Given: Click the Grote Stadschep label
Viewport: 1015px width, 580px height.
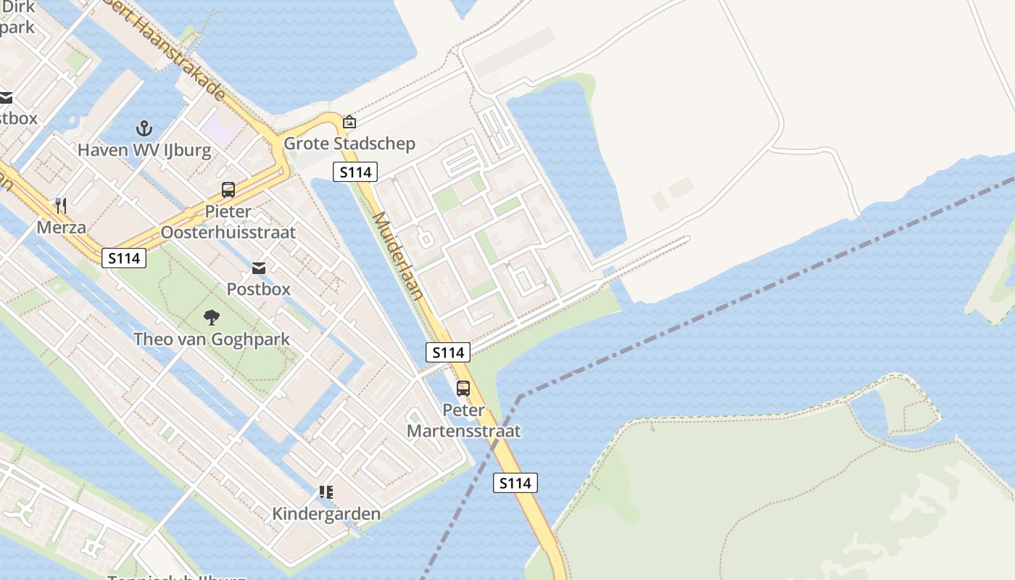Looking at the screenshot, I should (349, 143).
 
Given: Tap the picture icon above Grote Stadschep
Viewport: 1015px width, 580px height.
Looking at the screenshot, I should (349, 122).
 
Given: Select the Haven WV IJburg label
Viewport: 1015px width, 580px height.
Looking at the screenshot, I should (144, 150).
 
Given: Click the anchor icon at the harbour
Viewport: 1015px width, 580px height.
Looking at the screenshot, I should (144, 129).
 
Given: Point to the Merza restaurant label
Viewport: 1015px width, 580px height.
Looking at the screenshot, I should (62, 227).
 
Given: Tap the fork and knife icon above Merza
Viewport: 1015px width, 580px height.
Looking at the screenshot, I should (61, 206).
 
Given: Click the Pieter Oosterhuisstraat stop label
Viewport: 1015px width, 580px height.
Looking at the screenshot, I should (228, 222).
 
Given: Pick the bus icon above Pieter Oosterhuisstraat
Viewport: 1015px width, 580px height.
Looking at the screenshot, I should (228, 190).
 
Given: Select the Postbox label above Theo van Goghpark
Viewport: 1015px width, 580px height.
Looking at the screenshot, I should (258, 289).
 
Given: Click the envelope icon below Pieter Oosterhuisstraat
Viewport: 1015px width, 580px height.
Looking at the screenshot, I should (259, 268).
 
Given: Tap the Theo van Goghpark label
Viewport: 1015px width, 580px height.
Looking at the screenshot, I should (212, 339).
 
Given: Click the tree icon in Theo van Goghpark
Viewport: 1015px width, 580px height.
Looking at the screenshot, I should (212, 317).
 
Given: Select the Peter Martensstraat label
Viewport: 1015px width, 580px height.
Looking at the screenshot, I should (463, 420).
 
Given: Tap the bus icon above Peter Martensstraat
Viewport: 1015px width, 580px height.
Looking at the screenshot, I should (463, 389).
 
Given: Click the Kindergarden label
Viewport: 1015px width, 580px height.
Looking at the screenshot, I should (326, 514).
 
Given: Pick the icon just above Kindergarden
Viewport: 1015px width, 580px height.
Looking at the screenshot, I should (326, 493).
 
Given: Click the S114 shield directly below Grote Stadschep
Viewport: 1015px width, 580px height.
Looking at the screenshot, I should (355, 172).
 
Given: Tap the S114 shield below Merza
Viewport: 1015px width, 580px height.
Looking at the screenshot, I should (124, 257).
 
